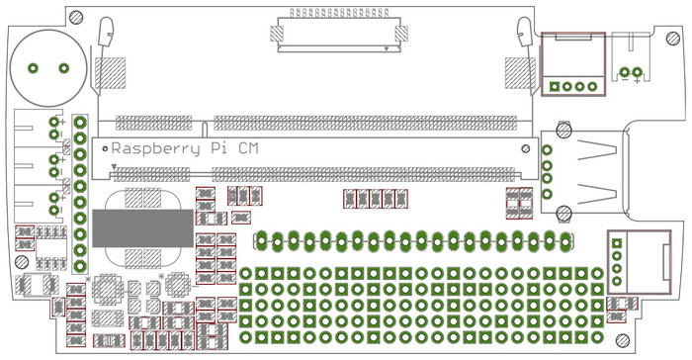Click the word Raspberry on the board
click(x=156, y=149)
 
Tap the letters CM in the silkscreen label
click(x=248, y=148)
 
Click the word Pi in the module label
click(x=218, y=148)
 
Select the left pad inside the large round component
click(x=33, y=68)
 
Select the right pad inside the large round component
click(x=64, y=68)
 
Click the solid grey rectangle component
click(x=142, y=228)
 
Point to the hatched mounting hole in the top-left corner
click(x=76, y=17)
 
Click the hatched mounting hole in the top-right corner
click(x=673, y=39)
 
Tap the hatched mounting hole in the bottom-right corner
click(x=622, y=340)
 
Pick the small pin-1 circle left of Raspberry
click(x=105, y=149)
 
